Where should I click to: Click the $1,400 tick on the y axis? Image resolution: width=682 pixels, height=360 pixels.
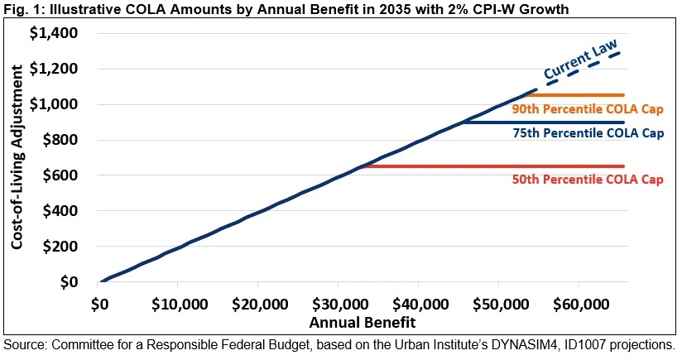[52, 34]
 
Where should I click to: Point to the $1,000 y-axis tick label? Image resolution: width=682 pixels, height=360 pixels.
[52, 105]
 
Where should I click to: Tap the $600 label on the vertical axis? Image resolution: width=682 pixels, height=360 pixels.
[58, 176]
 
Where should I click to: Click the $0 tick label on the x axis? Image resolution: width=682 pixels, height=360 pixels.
[100, 302]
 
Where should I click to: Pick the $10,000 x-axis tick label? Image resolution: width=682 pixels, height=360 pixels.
[179, 302]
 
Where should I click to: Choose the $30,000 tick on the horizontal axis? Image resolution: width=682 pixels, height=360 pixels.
[339, 302]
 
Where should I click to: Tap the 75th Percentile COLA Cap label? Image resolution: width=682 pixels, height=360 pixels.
[588, 133]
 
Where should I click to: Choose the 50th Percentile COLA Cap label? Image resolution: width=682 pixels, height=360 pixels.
[588, 180]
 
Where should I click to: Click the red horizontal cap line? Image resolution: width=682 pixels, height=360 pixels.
[497, 166]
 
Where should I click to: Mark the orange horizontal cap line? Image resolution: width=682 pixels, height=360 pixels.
[579, 95]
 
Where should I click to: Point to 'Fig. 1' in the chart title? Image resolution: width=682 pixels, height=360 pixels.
[20, 8]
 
